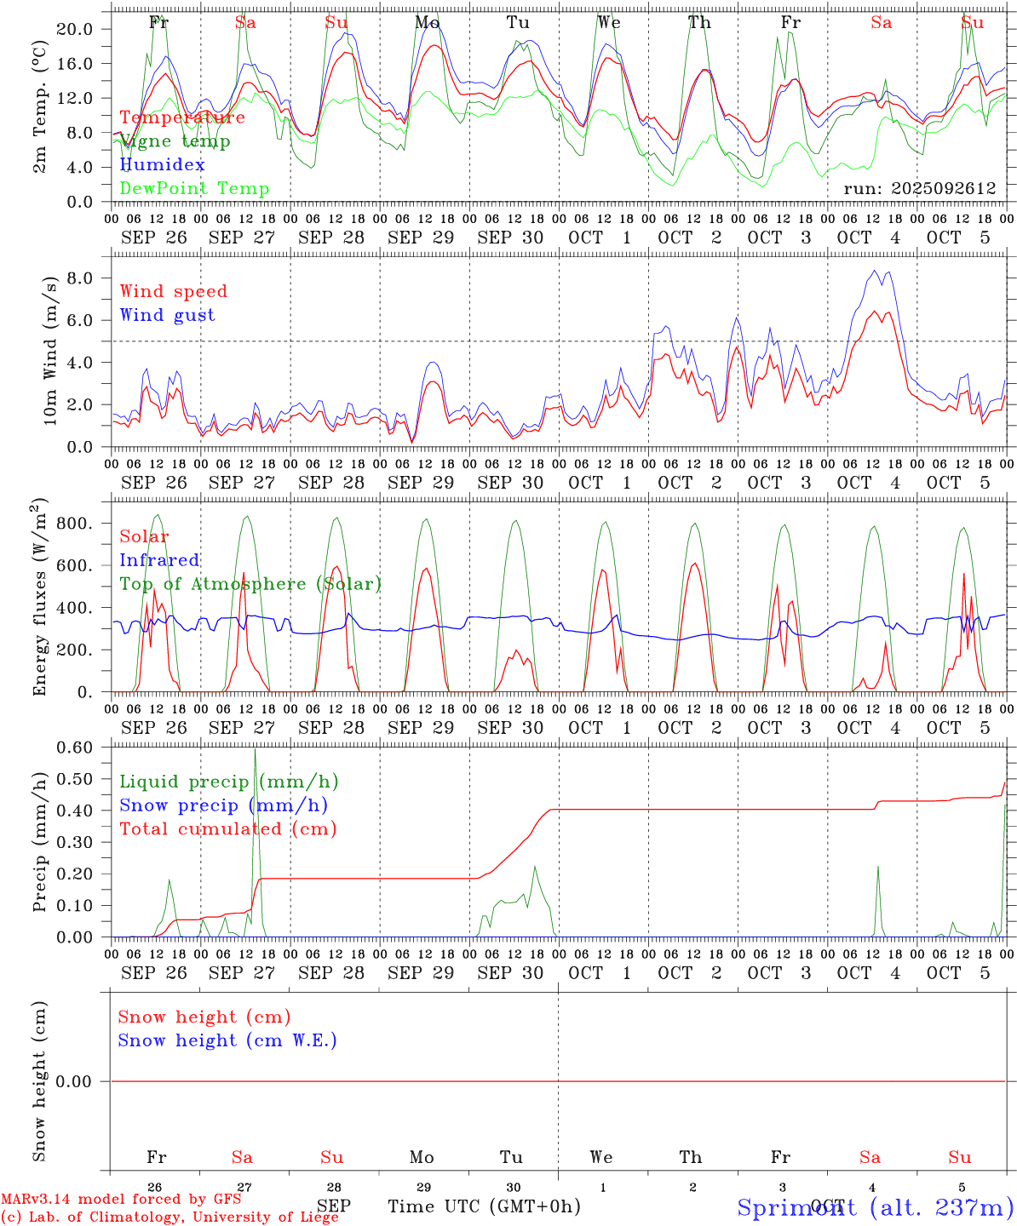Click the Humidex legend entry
(162, 165)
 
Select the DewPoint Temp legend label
(194, 189)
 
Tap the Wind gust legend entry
(167, 315)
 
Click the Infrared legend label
(159, 560)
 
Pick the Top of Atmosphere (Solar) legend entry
(250, 584)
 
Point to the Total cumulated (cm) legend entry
(227, 829)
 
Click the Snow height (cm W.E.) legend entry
(227, 1040)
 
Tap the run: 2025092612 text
(919, 188)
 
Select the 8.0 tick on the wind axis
(79, 278)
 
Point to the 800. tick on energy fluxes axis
(73, 524)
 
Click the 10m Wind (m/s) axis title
(51, 351)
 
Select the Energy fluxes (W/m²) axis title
(40, 599)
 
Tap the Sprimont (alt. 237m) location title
(875, 1207)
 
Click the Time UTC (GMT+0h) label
(484, 1206)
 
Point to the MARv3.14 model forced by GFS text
(121, 1200)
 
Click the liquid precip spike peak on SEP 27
(255, 749)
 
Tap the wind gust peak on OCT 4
(875, 271)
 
